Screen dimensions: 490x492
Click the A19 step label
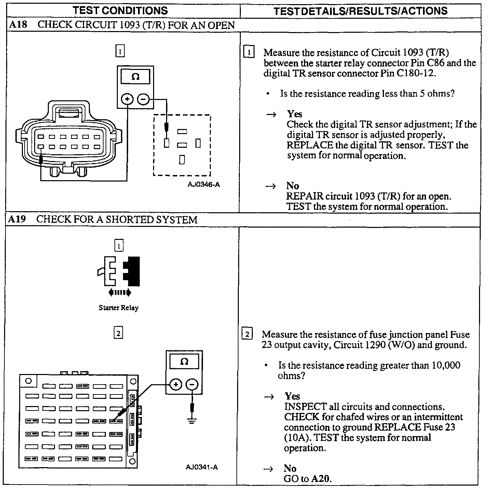(x=17, y=219)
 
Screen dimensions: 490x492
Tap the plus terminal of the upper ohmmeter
(x=127, y=99)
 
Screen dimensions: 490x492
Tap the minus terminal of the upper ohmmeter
(x=143, y=99)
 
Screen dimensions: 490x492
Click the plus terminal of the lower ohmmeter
(x=176, y=385)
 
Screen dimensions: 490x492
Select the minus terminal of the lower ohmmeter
(x=192, y=385)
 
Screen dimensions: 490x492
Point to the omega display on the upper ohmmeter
(x=135, y=77)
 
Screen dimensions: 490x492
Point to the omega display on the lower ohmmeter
(x=184, y=362)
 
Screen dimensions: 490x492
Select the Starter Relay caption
(x=119, y=308)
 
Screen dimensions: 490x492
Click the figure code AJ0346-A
(x=204, y=185)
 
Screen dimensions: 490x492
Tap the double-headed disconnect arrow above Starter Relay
(x=119, y=292)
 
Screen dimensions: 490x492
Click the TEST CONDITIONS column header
(x=120, y=10)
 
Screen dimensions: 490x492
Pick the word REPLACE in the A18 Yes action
(x=310, y=145)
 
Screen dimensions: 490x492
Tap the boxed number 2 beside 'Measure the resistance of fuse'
(x=247, y=334)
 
